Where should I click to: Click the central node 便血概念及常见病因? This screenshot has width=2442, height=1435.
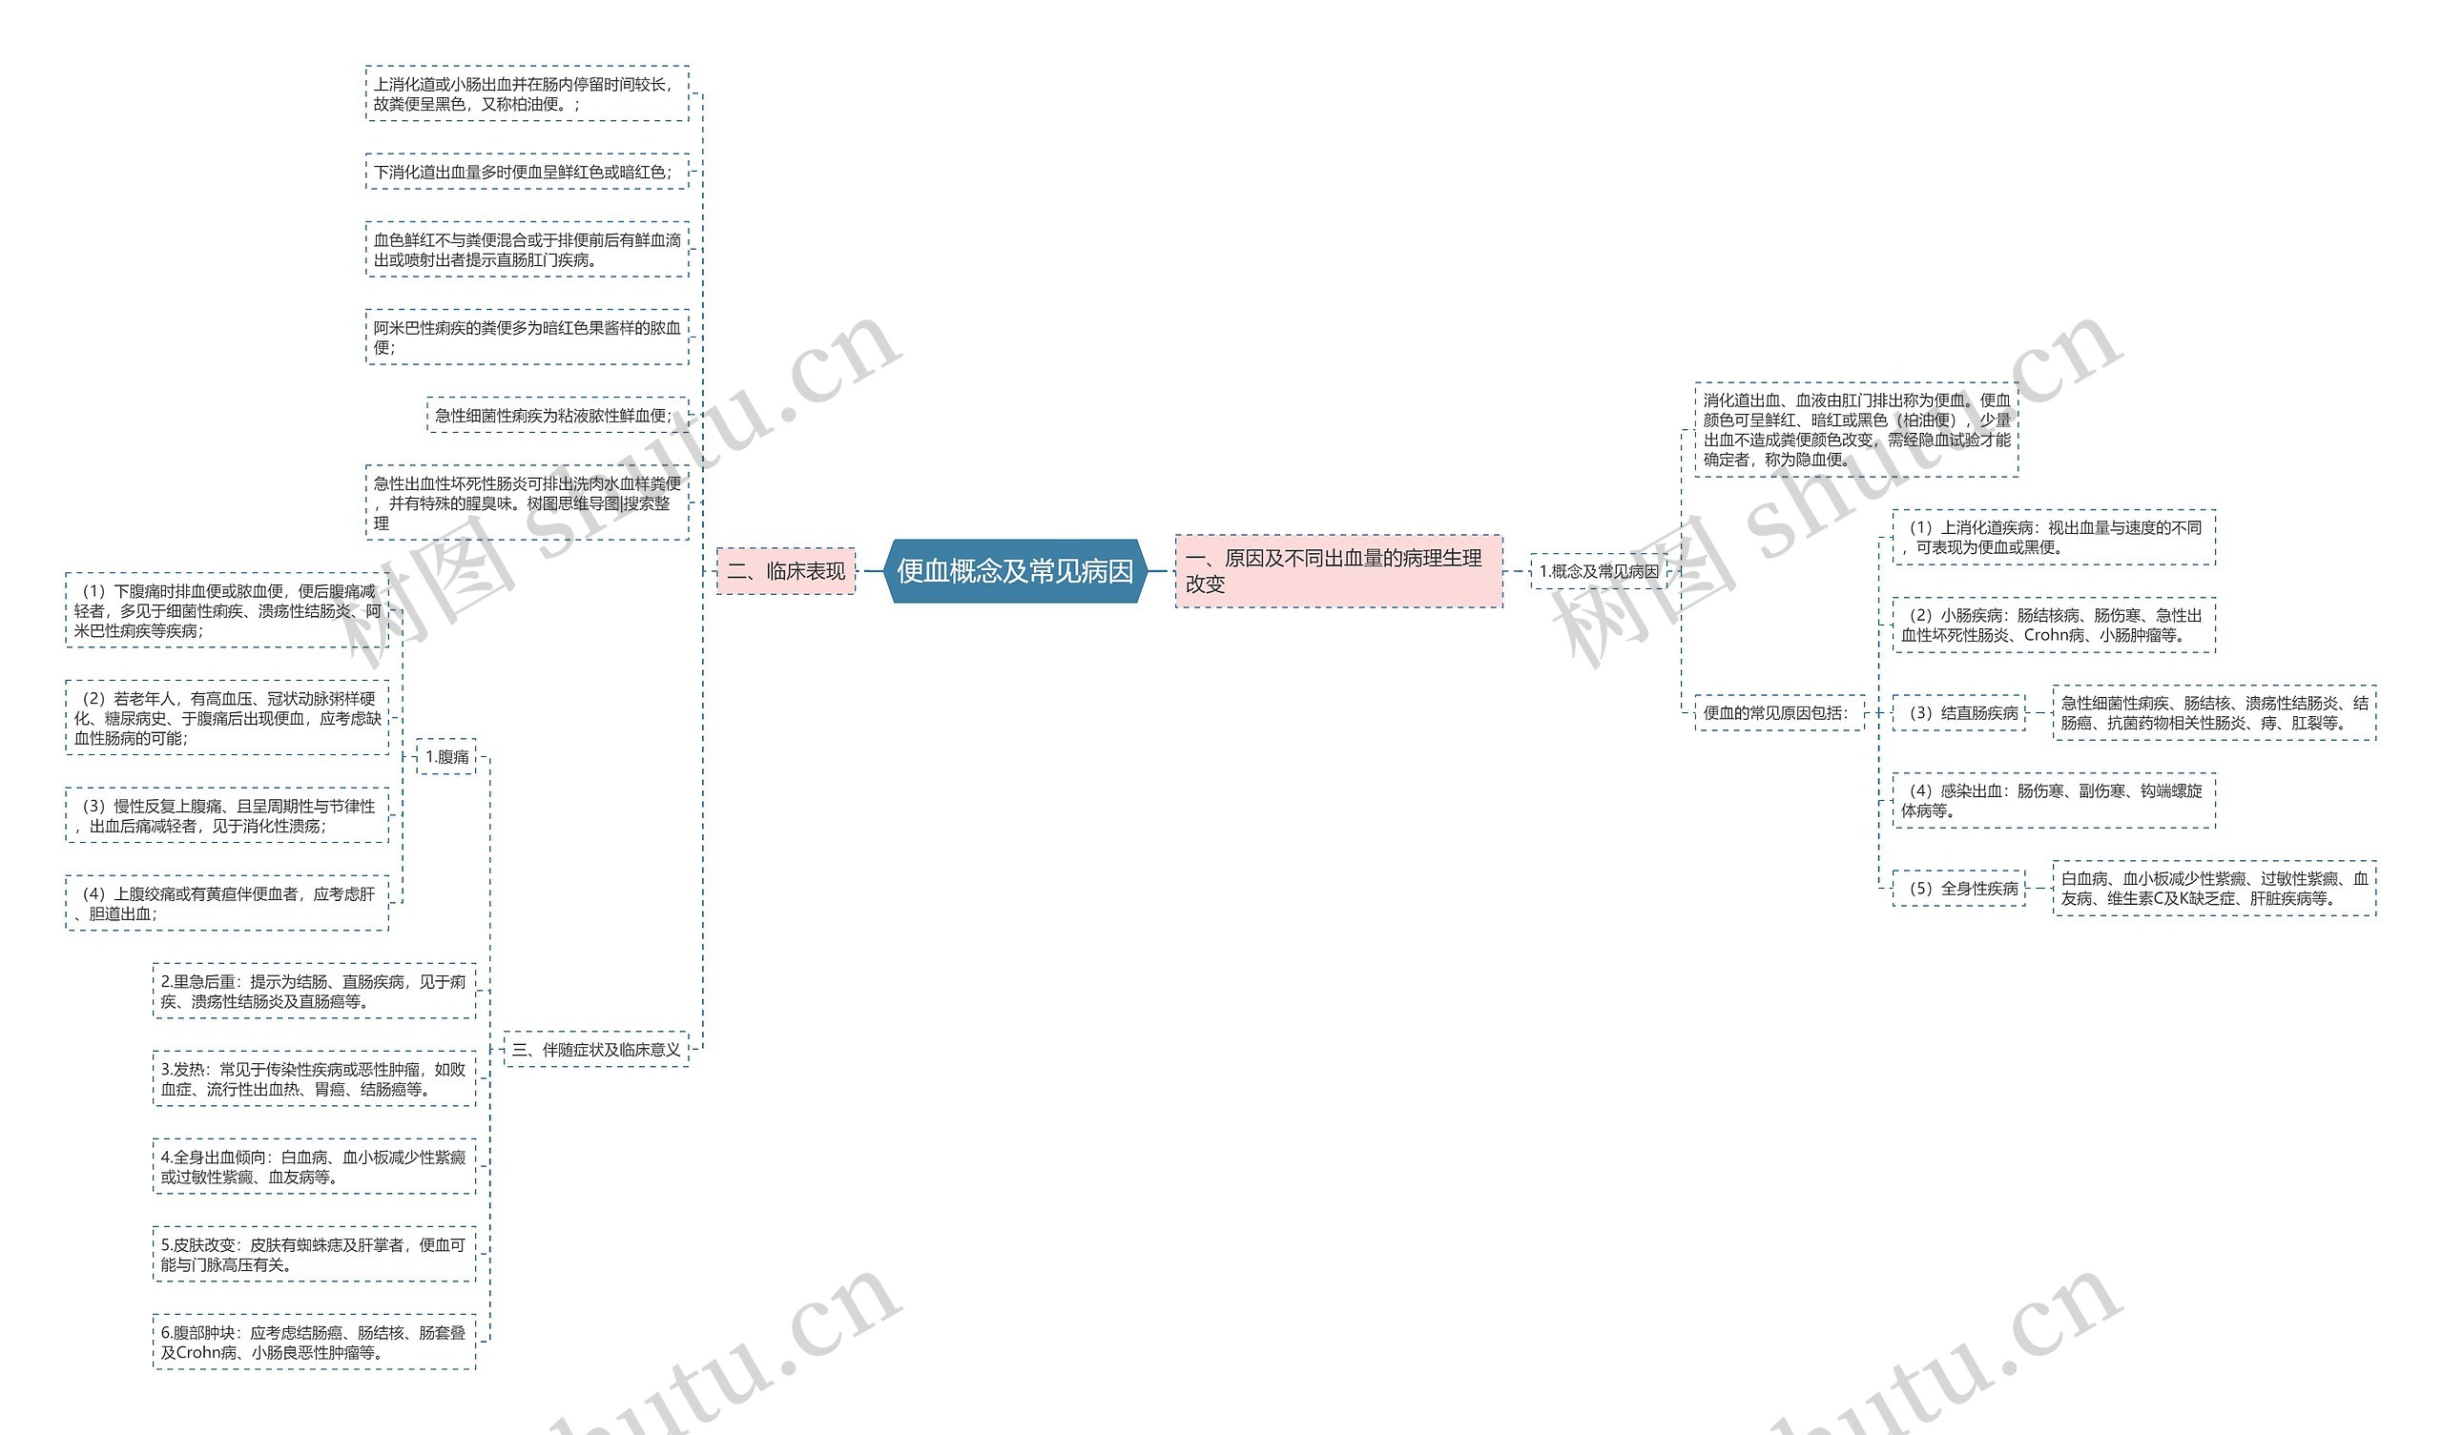click(1015, 571)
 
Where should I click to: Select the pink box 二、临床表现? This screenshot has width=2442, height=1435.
click(786, 571)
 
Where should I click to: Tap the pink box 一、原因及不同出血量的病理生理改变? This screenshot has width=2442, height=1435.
click(1338, 571)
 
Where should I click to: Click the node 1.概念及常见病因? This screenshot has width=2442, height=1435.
click(1598, 571)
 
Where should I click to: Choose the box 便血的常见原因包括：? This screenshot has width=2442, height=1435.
click(1778, 712)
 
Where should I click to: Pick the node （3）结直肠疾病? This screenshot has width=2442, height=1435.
click(1958, 712)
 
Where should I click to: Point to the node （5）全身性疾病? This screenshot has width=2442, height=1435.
click(1958, 888)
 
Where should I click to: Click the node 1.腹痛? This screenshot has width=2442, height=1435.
click(446, 756)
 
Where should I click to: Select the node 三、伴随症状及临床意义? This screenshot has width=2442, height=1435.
click(596, 1049)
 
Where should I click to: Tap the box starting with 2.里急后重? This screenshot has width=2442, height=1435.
click(314, 992)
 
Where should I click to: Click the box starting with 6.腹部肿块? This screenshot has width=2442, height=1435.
click(314, 1342)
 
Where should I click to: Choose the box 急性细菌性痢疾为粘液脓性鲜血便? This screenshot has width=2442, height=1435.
click(556, 415)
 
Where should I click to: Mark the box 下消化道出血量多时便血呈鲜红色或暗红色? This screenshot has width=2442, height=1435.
click(527, 172)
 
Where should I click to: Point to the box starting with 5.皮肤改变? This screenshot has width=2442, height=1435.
click(314, 1254)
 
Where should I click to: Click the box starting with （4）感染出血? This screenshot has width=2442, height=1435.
click(2054, 800)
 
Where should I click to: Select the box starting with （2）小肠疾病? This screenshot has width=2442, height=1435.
click(2054, 625)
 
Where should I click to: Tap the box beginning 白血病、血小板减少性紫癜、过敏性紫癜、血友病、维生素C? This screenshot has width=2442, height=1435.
click(2213, 888)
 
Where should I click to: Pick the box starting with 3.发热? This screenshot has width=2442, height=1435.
click(314, 1078)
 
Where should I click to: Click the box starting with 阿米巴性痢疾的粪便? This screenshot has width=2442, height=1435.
click(527, 338)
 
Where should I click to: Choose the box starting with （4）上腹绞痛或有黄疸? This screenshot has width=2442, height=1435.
click(227, 903)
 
